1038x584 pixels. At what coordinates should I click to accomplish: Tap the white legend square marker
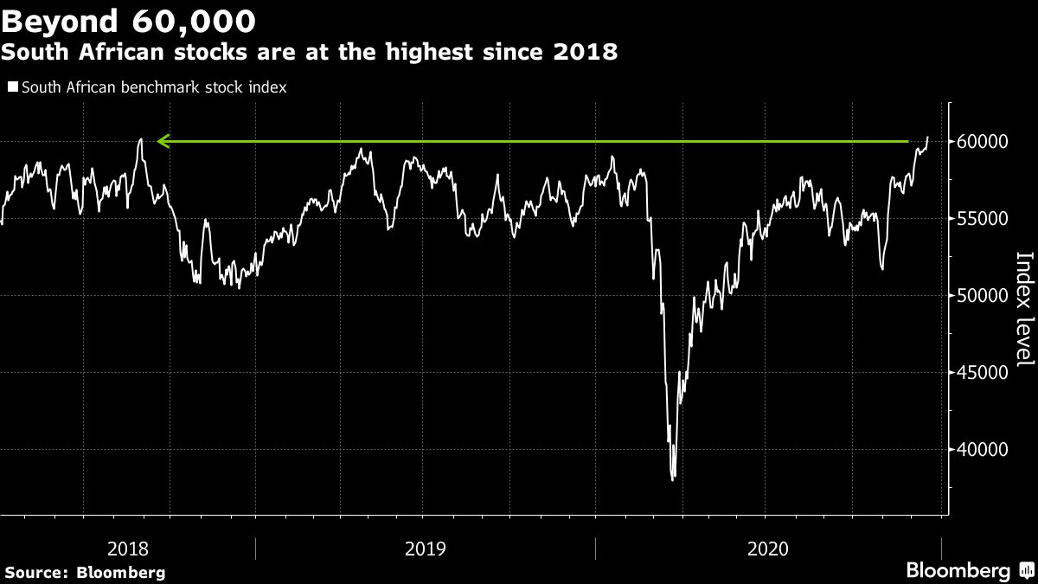pos(13,87)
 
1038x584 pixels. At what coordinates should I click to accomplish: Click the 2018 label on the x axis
pos(127,549)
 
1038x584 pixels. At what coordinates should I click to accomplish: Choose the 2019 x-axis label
pos(425,549)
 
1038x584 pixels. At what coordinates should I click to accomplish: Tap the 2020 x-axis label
pos(767,549)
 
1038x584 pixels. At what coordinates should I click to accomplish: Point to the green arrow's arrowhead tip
pos(158,141)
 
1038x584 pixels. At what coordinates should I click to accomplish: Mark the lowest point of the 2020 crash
pos(673,478)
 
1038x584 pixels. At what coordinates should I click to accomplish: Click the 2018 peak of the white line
pos(140,138)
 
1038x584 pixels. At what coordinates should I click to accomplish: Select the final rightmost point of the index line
pos(927,137)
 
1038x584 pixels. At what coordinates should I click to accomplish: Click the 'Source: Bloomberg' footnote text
pos(85,572)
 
